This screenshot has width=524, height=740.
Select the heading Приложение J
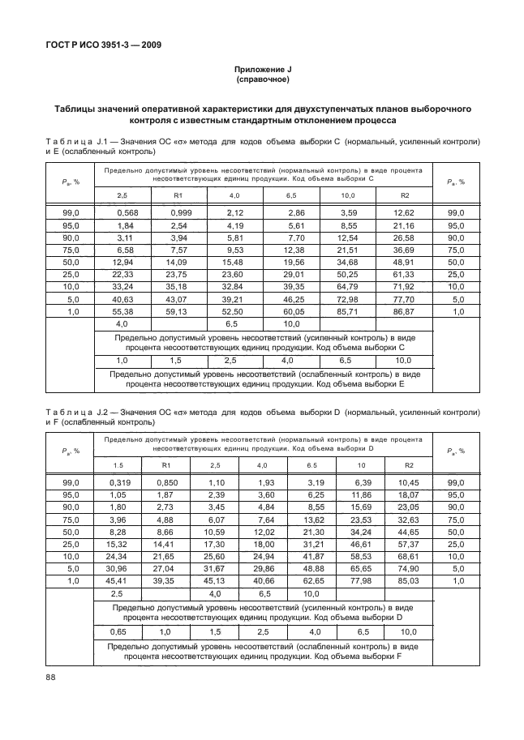(x=261, y=71)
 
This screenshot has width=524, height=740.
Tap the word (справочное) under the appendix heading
(x=261, y=81)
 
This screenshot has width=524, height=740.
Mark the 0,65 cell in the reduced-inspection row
(x=119, y=631)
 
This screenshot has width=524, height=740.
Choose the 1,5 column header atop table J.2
(x=119, y=465)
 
